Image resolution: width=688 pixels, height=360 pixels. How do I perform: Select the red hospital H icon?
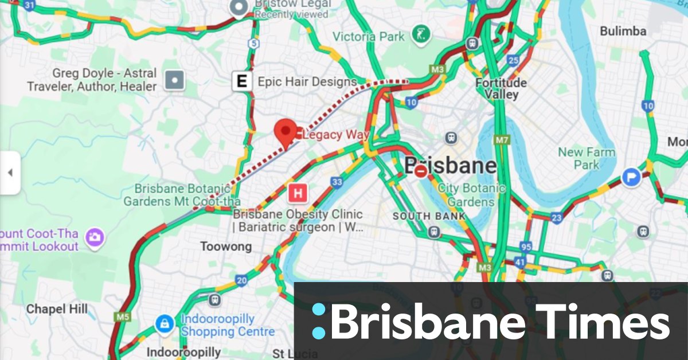[x=298, y=193]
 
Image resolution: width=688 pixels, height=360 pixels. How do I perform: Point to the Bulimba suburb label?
[x=623, y=31]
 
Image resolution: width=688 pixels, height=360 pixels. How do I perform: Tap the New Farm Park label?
[x=586, y=159]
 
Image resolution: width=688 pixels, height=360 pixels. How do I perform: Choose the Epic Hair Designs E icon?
[x=243, y=81]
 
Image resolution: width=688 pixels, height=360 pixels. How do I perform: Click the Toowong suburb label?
[x=225, y=246]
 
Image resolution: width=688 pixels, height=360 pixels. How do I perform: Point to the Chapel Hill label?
[x=57, y=309]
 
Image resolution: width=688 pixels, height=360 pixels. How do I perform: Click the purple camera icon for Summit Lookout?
[x=94, y=236]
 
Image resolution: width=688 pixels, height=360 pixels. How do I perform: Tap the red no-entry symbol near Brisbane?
[x=421, y=170]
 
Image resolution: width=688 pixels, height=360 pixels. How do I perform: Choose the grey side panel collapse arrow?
[x=10, y=173]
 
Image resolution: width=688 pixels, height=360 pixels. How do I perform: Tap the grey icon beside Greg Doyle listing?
[x=174, y=80]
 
